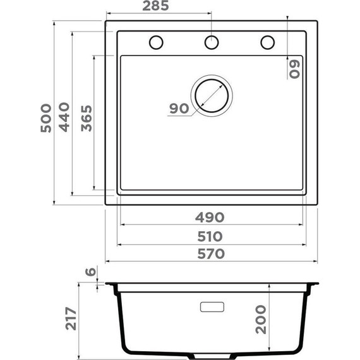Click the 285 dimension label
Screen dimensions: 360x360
tap(155, 6)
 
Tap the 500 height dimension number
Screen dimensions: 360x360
tap(46, 118)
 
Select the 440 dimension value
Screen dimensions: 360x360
tap(64, 117)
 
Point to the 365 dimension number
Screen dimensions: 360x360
tap(87, 118)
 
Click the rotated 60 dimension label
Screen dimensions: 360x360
tap(294, 69)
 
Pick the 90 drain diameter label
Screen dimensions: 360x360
tap(179, 109)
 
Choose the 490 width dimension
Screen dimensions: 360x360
tap(210, 217)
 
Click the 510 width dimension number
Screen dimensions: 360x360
tap(210, 236)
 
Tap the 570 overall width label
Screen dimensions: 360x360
tap(211, 254)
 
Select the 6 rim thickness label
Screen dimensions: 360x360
tap(90, 272)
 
